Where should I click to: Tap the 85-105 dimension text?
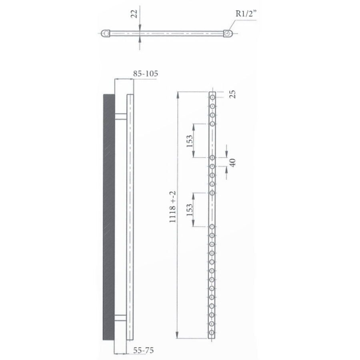pyautogui.click(x=145, y=74)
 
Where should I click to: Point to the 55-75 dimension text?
pyautogui.click(x=143, y=350)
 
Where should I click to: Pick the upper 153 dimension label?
pyautogui.click(x=190, y=140)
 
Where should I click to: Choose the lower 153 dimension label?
pyautogui.click(x=190, y=210)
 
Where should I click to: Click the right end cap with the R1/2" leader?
pyautogui.click(x=228, y=33)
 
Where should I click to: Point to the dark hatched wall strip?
pyautogui.click(x=109, y=217)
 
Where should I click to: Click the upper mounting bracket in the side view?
pyautogui.click(x=120, y=116)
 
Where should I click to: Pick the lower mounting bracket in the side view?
pyautogui.click(x=120, y=318)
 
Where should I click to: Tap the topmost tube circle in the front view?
pyautogui.click(x=212, y=97)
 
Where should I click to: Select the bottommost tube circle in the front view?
pyautogui.click(x=212, y=333)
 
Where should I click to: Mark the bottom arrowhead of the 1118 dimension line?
pyautogui.click(x=178, y=336)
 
